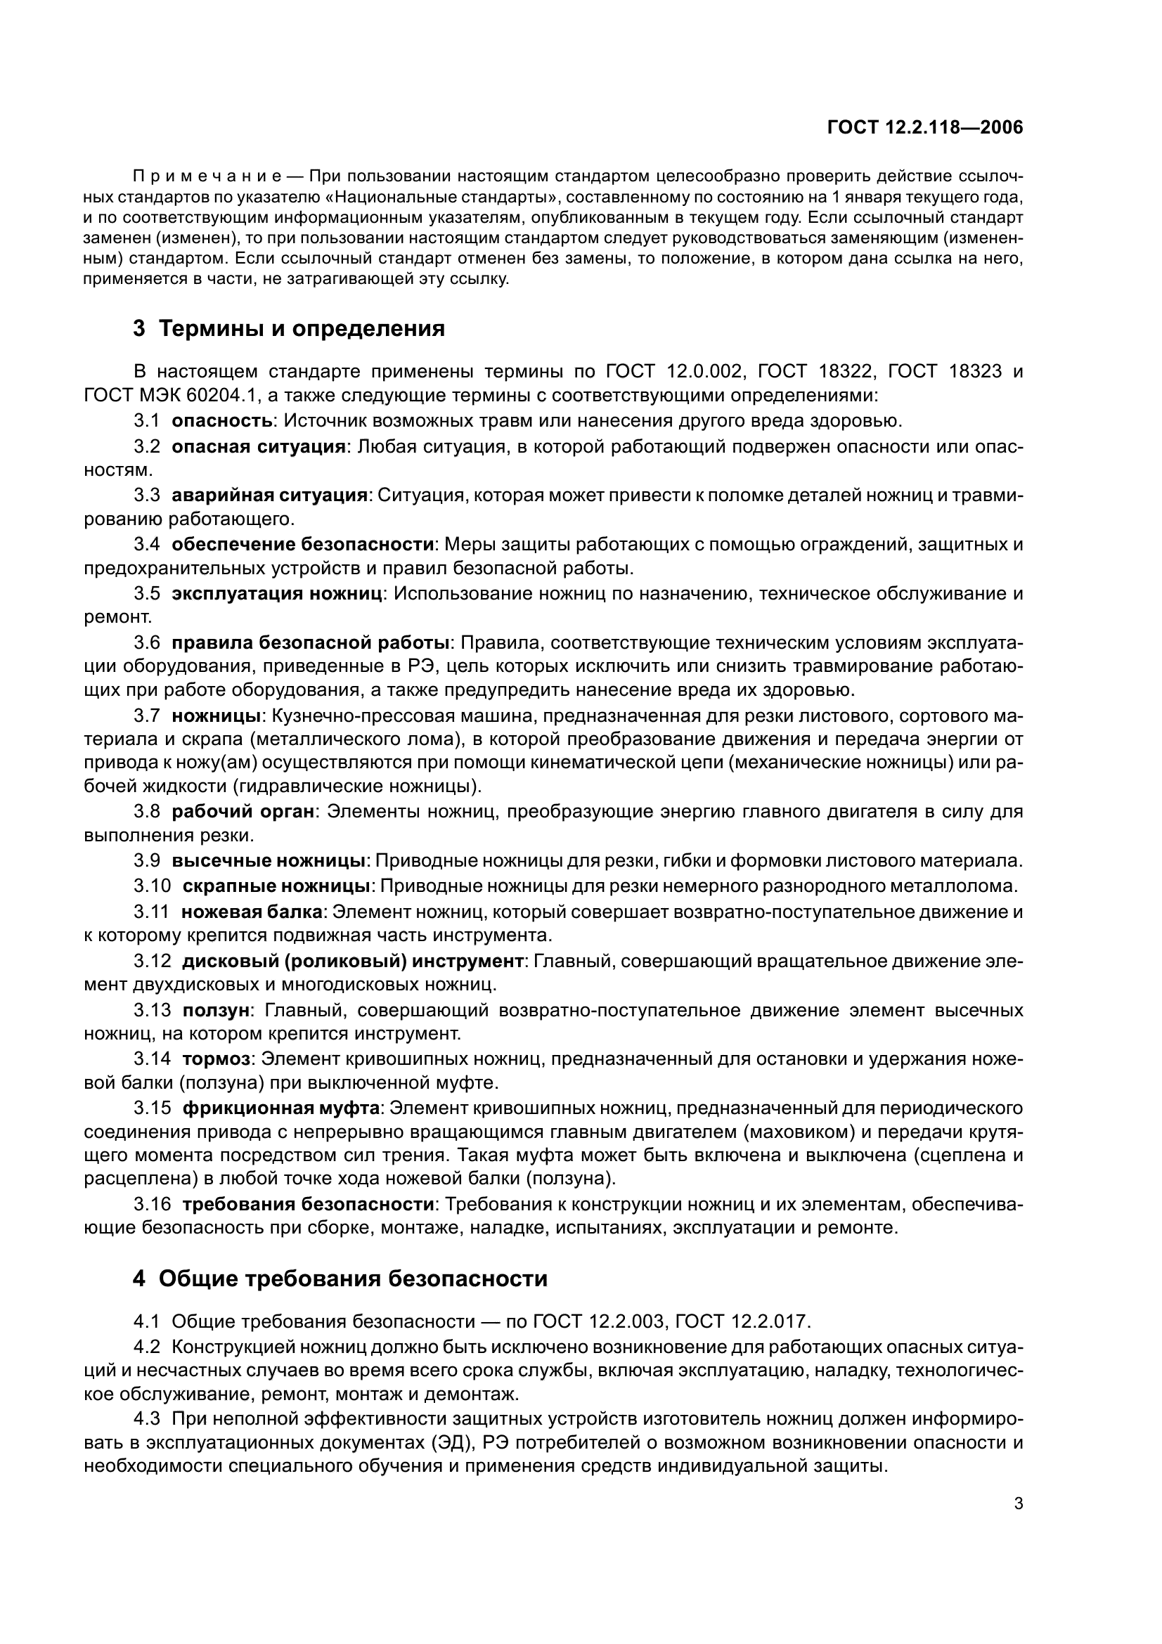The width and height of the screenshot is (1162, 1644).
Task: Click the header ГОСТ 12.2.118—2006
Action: (925, 127)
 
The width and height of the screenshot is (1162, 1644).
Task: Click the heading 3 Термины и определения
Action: (288, 329)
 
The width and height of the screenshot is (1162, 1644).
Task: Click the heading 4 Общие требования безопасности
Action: (340, 1278)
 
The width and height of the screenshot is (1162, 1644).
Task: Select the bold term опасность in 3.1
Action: (221, 420)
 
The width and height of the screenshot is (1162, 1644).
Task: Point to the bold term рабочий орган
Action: (243, 811)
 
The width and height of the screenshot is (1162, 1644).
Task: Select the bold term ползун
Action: (216, 1010)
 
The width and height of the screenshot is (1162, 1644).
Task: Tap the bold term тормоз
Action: (216, 1059)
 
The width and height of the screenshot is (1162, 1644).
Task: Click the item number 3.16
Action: (152, 1205)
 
